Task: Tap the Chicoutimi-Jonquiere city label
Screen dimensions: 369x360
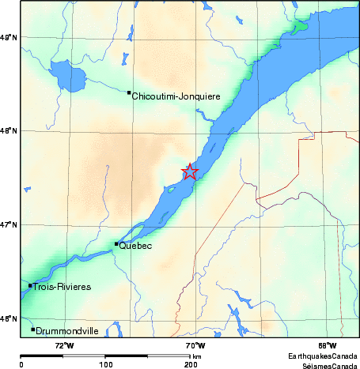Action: [176, 96]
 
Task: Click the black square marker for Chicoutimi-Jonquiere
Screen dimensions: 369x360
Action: [129, 92]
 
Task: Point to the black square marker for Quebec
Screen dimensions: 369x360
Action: [116, 243]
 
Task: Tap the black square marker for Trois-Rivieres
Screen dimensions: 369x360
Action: [30, 285]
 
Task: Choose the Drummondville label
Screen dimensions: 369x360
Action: [67, 331]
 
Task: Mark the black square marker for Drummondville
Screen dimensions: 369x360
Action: [32, 329]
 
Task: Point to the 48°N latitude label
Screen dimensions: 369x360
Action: [9, 131]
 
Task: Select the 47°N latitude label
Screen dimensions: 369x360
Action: [9, 225]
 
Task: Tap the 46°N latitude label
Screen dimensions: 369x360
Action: [9, 318]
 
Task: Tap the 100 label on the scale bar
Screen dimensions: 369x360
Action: [105, 365]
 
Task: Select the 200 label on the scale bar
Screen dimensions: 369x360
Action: [190, 365]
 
